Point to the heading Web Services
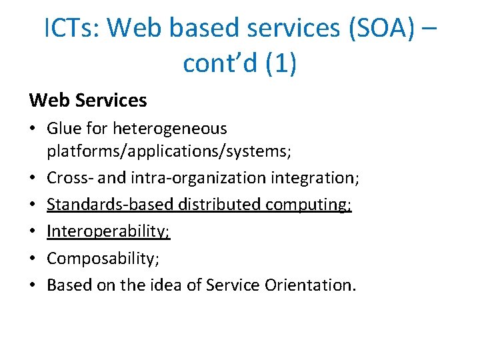(x=88, y=101)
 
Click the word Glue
(x=65, y=128)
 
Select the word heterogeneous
(x=170, y=128)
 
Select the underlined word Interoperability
(x=109, y=231)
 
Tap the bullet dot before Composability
(x=33, y=259)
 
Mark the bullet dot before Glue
(x=33, y=129)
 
